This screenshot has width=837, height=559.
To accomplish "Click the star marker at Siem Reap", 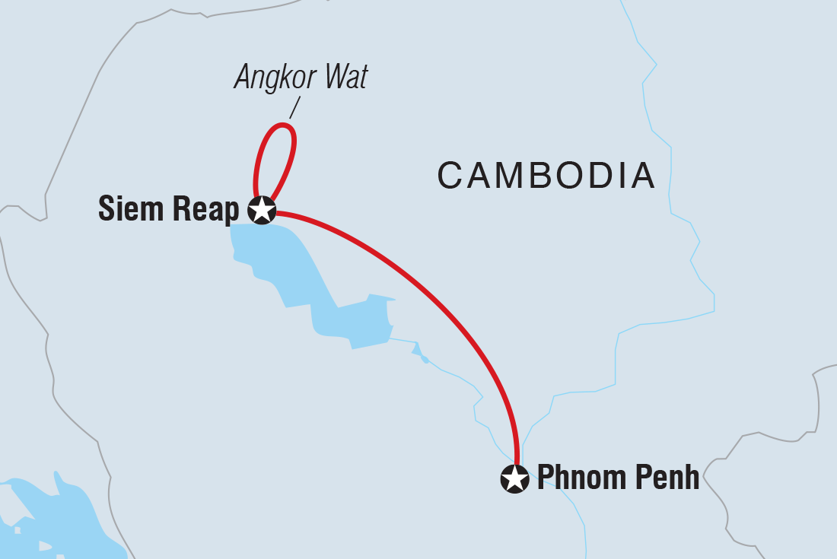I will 263,210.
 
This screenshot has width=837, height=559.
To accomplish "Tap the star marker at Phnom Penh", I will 514,479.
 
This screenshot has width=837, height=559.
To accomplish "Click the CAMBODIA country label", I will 546,176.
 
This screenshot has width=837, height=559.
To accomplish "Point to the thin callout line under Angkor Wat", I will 295,106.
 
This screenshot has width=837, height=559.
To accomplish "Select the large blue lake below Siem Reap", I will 289,266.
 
